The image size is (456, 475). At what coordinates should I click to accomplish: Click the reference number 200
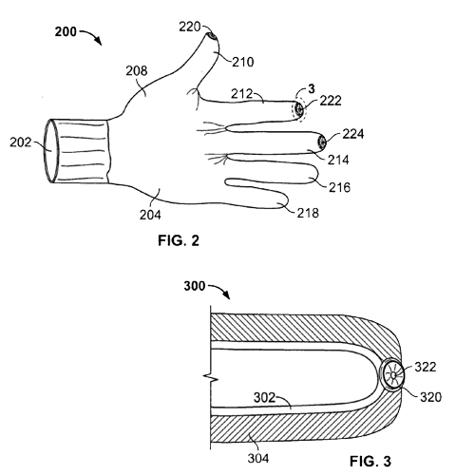pos(66,31)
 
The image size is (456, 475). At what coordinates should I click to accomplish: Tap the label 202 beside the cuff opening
pos(21,142)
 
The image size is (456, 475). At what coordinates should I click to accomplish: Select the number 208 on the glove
pos(137,71)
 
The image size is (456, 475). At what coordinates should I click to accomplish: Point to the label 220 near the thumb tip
pos(190,27)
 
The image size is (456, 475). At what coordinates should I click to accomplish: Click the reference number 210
pos(243,62)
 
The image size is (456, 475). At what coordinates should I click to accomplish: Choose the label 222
pos(331,101)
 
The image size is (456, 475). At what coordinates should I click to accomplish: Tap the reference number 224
pos(353,134)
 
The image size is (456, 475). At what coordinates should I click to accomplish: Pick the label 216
pos(339,187)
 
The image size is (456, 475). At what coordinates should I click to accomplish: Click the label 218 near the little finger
pos(308,213)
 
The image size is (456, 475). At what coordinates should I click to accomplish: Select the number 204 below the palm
pos(150,215)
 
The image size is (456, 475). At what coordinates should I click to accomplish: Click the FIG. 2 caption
pos(179,240)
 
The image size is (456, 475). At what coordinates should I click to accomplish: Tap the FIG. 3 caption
pos(370,461)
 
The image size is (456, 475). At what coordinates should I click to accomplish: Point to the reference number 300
pos(195,286)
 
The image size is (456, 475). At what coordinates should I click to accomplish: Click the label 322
pos(426,367)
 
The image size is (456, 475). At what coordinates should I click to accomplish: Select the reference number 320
pos(430,397)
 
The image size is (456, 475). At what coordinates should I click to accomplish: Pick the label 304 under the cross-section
pos(258,458)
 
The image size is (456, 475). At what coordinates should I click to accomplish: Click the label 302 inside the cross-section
pos(265,397)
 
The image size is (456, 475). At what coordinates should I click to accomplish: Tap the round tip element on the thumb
pos(213,36)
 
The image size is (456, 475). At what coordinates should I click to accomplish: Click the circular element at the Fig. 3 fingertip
pos(392,375)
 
